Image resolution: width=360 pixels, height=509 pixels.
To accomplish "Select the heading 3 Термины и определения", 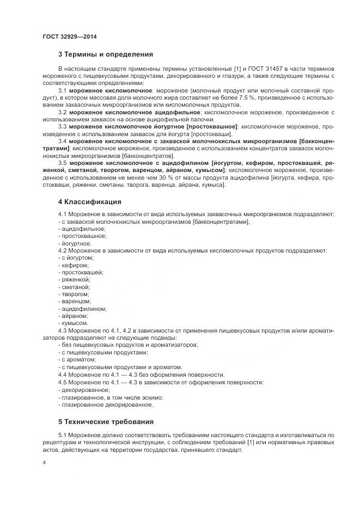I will tap(105, 54).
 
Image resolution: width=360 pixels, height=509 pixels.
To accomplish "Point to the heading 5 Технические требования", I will tap(106, 421).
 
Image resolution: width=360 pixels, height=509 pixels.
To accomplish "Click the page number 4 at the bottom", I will tap(44, 462).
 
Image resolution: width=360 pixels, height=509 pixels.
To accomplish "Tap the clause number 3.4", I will tap(62, 141).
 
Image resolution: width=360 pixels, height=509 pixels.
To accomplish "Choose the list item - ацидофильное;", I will tap(82, 229).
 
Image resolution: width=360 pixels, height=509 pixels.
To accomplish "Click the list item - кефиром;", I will tap(73, 265).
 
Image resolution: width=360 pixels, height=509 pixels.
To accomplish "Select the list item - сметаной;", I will tap(74, 287).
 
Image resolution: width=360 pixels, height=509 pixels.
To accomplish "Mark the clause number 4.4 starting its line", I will tap(62, 375).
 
